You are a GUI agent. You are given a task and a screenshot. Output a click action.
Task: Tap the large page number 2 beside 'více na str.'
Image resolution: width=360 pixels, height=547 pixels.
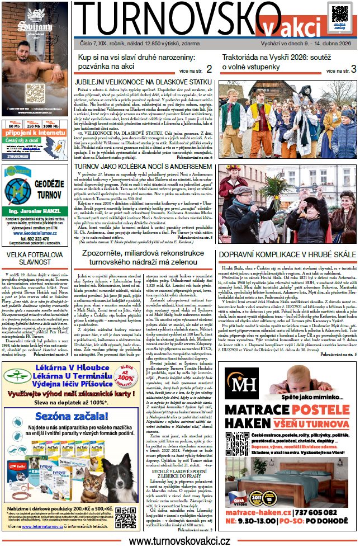coord(209,69)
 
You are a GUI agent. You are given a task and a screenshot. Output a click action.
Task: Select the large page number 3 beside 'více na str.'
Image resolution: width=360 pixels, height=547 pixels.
coord(353,69)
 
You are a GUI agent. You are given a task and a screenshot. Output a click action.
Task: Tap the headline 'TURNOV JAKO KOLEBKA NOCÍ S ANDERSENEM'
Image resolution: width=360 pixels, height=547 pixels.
coord(144,167)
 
